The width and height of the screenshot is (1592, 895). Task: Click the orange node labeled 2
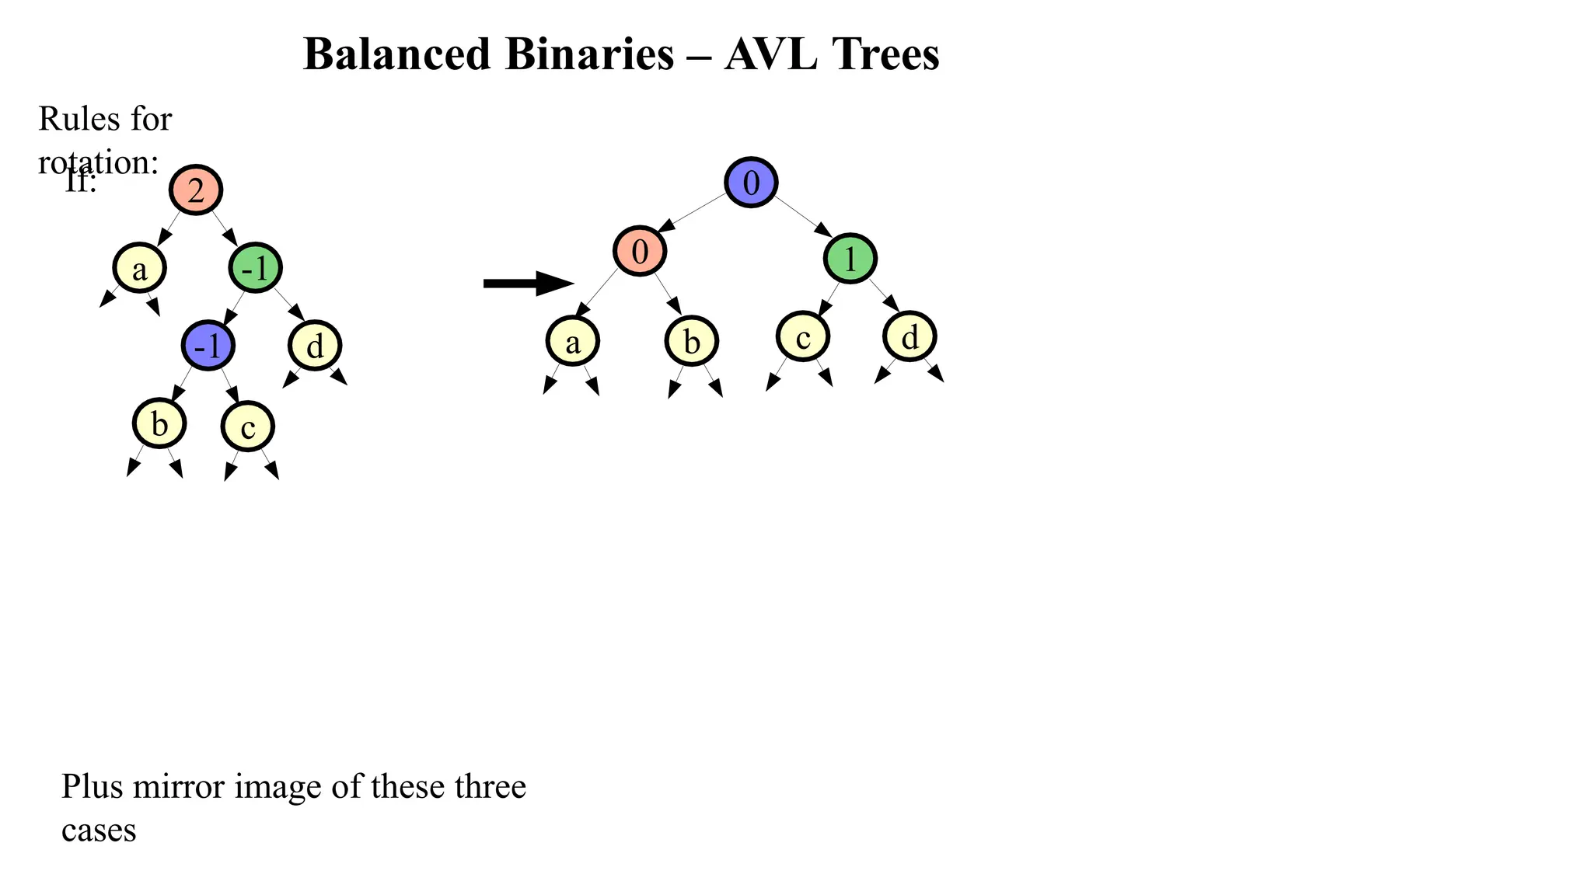(196, 190)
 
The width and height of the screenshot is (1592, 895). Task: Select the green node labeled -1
(255, 268)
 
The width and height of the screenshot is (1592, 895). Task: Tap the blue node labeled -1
(208, 345)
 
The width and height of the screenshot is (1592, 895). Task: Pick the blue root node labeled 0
(751, 183)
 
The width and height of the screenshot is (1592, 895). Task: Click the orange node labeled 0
(640, 251)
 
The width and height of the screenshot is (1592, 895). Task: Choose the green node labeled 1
(850, 258)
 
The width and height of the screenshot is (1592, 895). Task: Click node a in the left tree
(140, 268)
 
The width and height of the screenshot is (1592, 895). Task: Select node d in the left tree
(315, 345)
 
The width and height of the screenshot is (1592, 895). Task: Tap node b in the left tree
(159, 423)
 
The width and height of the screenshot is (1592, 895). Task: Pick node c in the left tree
(248, 427)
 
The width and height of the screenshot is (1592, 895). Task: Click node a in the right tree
(573, 341)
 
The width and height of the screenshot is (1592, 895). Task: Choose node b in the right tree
(692, 341)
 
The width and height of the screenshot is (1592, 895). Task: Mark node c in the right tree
(803, 336)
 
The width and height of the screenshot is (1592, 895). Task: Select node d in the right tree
(909, 336)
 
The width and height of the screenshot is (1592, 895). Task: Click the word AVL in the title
(770, 55)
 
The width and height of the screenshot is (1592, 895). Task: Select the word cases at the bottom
(99, 830)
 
